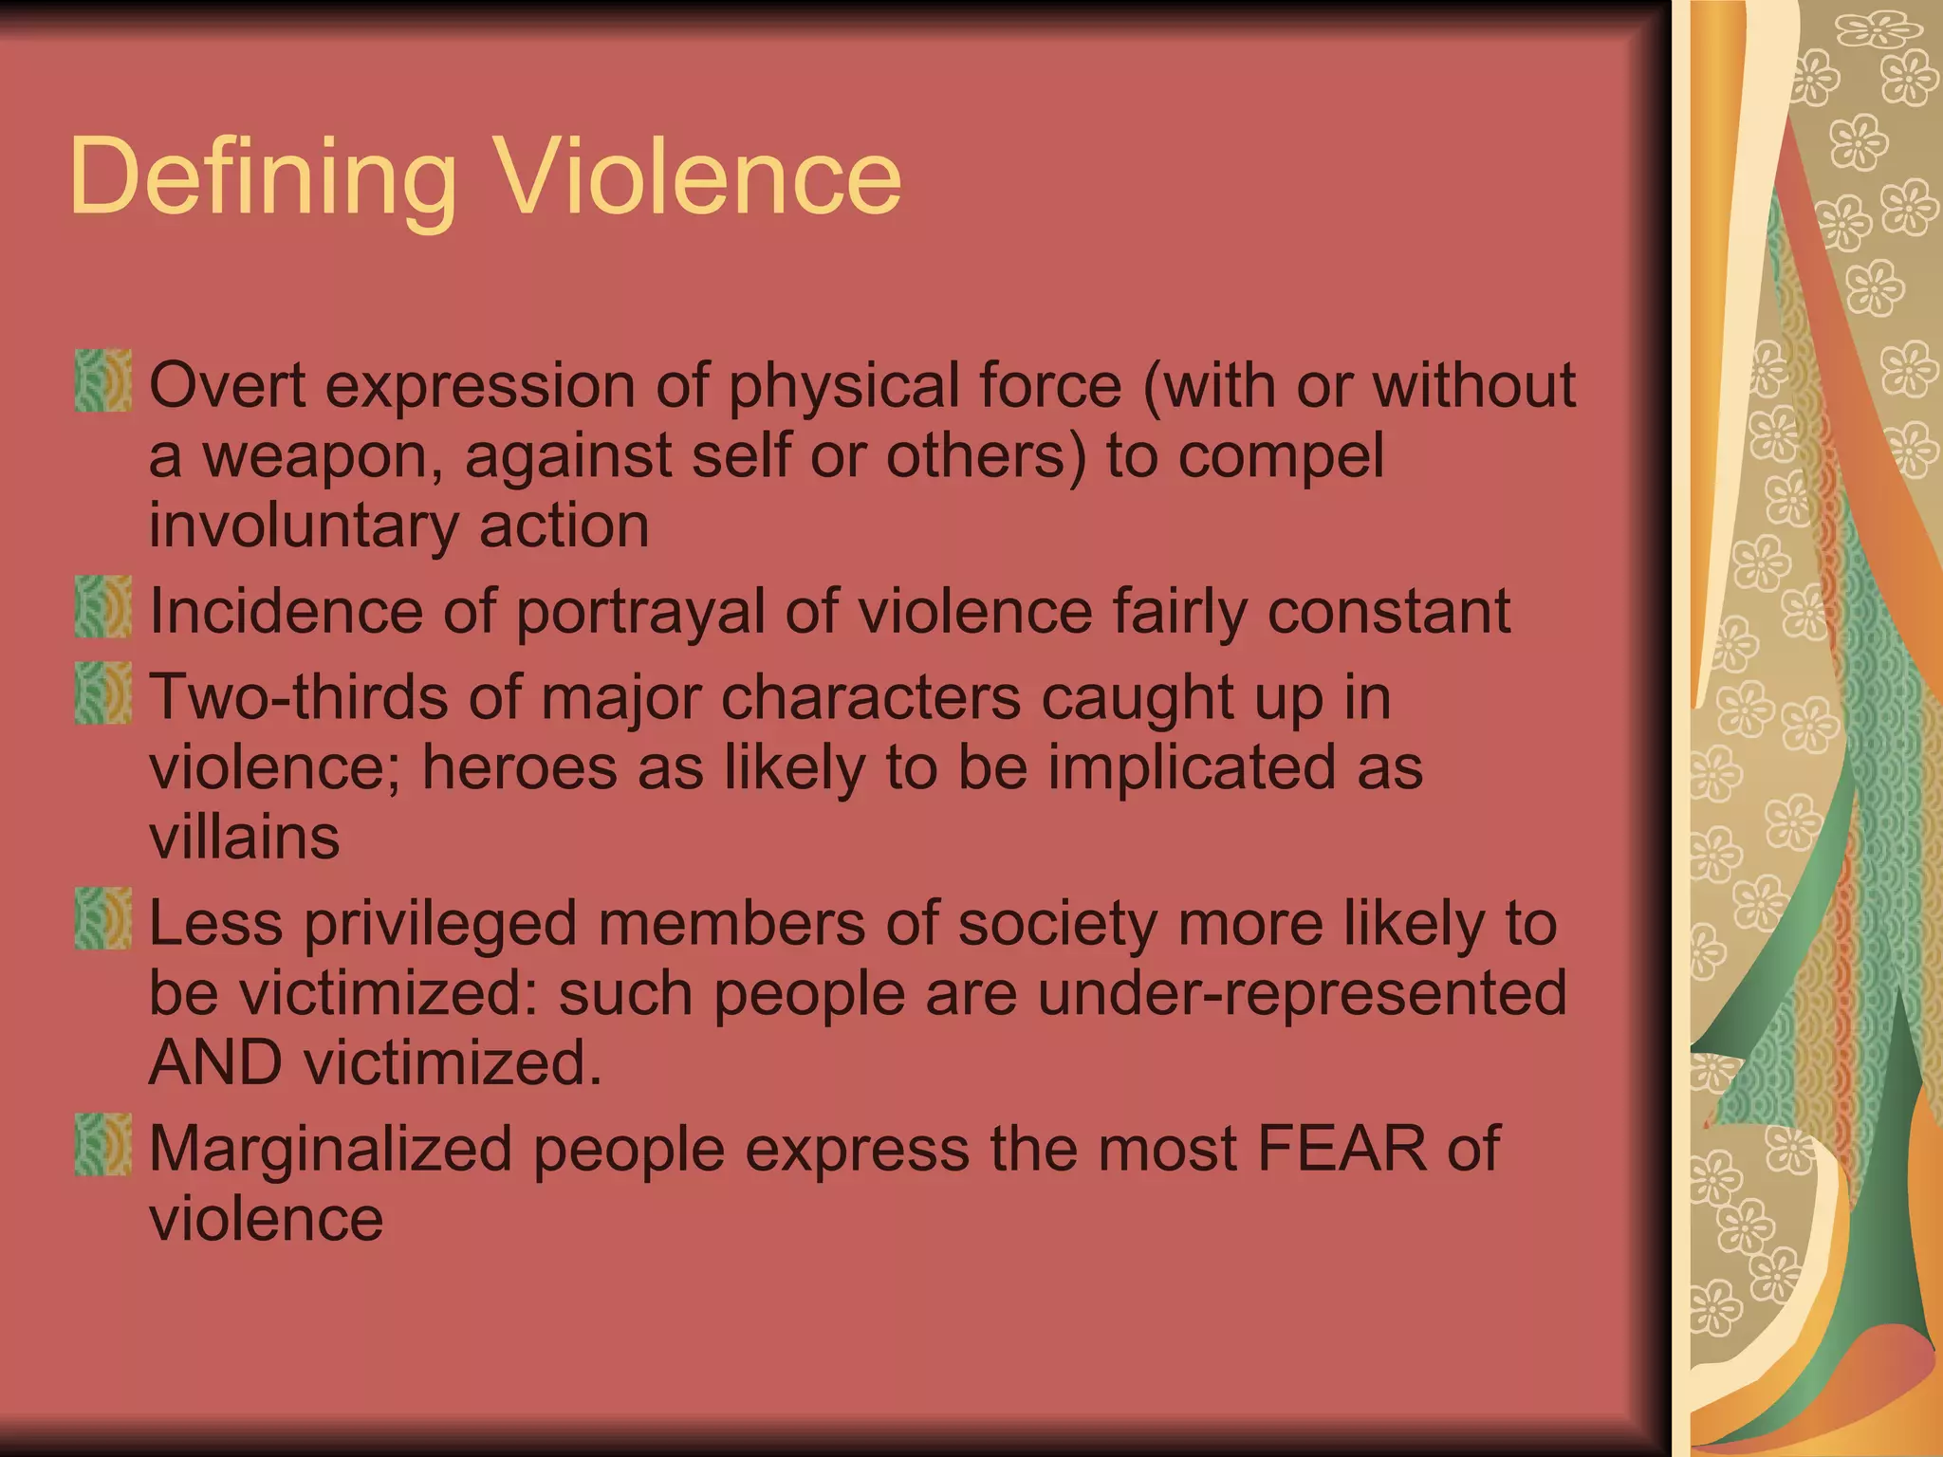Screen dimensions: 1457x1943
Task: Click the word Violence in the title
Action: [x=700, y=176]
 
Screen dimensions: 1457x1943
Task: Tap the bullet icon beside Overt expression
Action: [x=103, y=380]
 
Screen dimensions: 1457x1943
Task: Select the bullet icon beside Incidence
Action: [x=103, y=606]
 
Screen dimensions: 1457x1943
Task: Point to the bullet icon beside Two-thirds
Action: [x=103, y=693]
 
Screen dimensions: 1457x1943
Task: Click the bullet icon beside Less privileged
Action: [x=103, y=918]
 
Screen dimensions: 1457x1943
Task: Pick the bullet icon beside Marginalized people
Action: [x=103, y=1144]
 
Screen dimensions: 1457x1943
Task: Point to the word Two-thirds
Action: [x=298, y=697]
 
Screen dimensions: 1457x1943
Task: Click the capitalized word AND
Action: [x=216, y=1062]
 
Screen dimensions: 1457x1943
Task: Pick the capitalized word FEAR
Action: [x=1342, y=1149]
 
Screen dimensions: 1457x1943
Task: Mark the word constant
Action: [x=1389, y=612]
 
